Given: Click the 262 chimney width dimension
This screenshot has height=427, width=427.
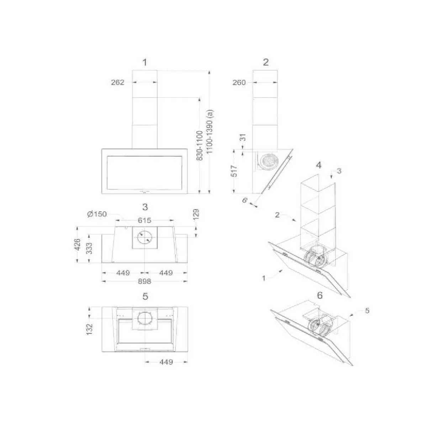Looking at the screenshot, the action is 118,83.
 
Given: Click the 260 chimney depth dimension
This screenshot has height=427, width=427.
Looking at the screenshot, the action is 239,83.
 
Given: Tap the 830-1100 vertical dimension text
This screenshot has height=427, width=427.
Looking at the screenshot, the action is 200,146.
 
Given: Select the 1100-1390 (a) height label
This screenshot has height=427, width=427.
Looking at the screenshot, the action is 210,131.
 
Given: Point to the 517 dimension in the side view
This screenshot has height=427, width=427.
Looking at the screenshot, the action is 234,171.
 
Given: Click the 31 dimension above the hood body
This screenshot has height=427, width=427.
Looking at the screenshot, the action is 243,137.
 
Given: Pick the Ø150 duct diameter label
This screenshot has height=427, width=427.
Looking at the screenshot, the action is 97,214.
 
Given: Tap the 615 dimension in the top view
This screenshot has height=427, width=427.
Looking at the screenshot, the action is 144,220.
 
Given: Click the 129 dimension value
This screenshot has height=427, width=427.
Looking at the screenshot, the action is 196,215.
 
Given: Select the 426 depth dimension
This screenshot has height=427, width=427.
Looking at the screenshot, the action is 77,244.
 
